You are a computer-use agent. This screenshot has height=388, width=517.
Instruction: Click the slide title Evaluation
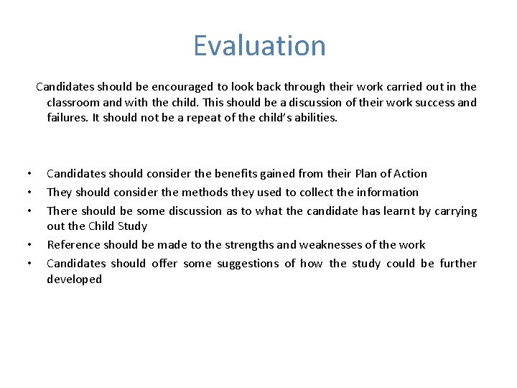(x=259, y=46)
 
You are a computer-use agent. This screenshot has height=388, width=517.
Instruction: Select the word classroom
(x=74, y=102)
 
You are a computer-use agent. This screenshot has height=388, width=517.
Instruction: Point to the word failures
(x=67, y=118)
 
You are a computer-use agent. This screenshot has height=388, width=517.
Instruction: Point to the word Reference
(x=73, y=245)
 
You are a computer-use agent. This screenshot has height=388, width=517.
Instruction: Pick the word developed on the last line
(x=74, y=280)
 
